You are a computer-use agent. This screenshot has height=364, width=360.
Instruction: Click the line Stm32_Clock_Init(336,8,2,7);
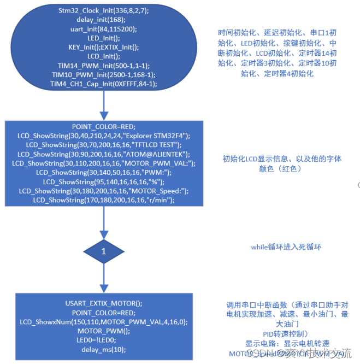(103, 10)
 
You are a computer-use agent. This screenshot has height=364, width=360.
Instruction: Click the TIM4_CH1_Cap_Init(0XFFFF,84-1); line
(103, 84)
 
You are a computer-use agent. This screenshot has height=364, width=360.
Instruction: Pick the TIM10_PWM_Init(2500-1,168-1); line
(103, 74)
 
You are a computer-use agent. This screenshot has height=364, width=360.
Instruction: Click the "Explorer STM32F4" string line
(103, 134)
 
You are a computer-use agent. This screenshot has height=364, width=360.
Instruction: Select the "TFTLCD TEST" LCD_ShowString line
(103, 144)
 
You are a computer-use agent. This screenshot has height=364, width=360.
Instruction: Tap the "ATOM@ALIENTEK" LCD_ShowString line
(103, 154)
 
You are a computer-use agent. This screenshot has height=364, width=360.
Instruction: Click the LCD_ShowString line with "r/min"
(103, 200)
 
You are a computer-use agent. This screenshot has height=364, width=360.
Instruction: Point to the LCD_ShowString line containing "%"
(103, 181)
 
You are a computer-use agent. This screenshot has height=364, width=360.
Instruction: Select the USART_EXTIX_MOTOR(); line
(103, 303)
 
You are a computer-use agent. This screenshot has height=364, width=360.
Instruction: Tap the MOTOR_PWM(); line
(103, 331)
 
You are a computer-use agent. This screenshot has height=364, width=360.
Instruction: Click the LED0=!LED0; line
(103, 340)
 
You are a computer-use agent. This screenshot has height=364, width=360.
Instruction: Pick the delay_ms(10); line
(103, 350)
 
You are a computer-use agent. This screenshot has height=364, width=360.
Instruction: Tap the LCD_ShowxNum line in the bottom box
(103, 322)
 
